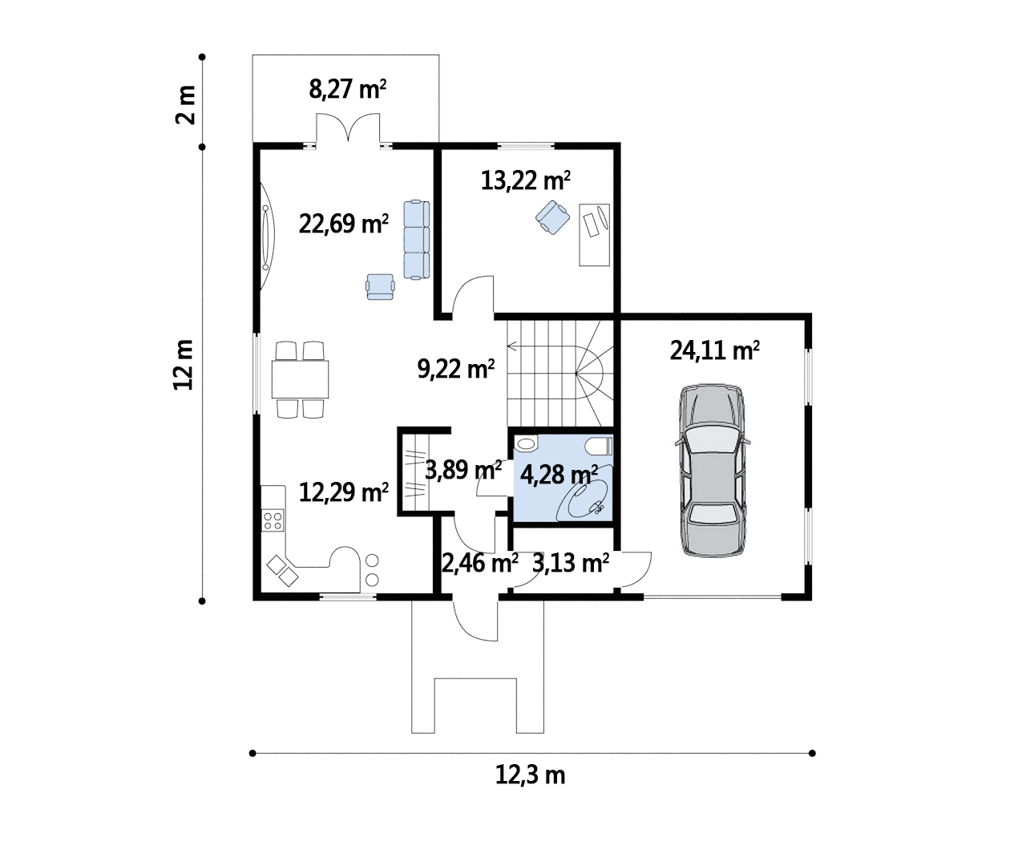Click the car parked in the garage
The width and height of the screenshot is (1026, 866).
(x=713, y=471)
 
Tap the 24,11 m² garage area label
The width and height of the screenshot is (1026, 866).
(x=714, y=351)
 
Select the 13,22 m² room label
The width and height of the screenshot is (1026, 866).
(x=525, y=180)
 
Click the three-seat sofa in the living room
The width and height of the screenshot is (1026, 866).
(x=417, y=240)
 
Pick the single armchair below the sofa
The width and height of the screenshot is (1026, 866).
(x=380, y=286)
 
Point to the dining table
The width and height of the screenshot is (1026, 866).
(x=300, y=379)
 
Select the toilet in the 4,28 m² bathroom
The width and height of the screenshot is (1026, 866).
(x=599, y=447)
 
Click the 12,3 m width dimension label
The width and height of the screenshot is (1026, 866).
(x=530, y=775)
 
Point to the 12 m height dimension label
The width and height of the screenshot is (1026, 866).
(x=184, y=365)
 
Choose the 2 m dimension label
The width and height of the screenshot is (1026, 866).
(x=186, y=105)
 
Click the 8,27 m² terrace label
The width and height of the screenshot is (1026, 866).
(x=347, y=89)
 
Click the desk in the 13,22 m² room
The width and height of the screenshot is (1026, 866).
(x=594, y=235)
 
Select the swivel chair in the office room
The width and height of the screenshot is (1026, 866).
(x=553, y=217)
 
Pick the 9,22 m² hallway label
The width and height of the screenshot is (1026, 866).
(x=456, y=369)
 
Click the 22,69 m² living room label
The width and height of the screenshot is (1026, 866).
(x=344, y=224)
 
